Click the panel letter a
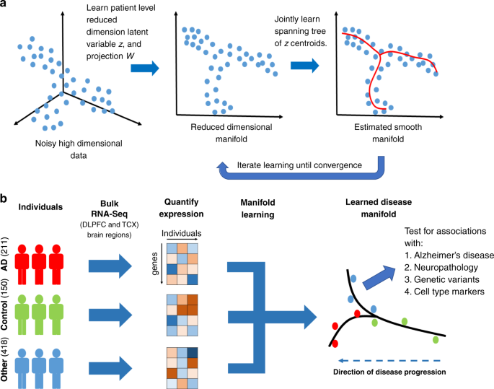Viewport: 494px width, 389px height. click(x=6, y=6)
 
